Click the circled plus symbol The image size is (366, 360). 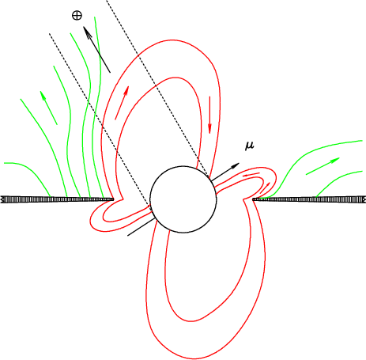pos(77,16)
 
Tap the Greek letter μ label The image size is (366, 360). pos(249,146)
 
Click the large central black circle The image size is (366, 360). pos(183,199)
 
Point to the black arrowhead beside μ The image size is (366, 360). pos(235,166)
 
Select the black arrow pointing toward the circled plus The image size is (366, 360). pos(96,49)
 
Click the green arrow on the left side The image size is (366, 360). pos(49,108)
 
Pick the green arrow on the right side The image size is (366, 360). pos(323,166)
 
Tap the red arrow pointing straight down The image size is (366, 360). pos(209,115)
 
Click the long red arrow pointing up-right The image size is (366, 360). pos(122,103)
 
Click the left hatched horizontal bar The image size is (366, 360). pos(58,199)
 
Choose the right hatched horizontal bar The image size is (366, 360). pos(309,199)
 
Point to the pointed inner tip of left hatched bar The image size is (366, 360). pos(113,199)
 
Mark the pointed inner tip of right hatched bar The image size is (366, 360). pos(253,199)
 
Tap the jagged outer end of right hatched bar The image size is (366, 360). pos(364,199)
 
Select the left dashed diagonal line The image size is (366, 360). pos(100,123)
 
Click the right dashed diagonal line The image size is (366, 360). pos(158,89)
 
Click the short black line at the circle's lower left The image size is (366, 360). pos(141,227)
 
